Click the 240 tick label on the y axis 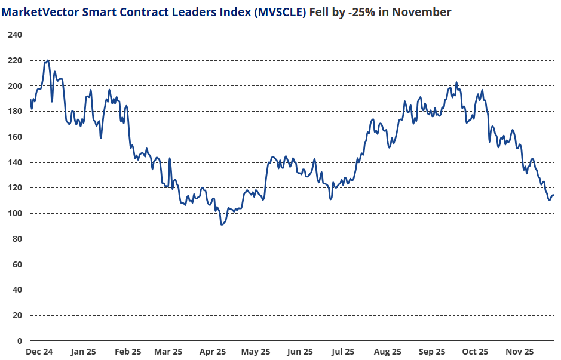point(14,35)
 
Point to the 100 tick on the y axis point(14,214)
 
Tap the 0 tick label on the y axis point(19,341)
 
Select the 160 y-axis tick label point(14,137)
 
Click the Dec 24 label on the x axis point(39,352)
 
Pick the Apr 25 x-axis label point(213,352)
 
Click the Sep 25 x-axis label point(431,352)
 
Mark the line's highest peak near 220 point(47,60)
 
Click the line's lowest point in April point(221,224)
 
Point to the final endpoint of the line point(553,195)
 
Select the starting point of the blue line point(30,100)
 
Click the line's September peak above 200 point(456,82)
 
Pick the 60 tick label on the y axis point(16,264)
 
